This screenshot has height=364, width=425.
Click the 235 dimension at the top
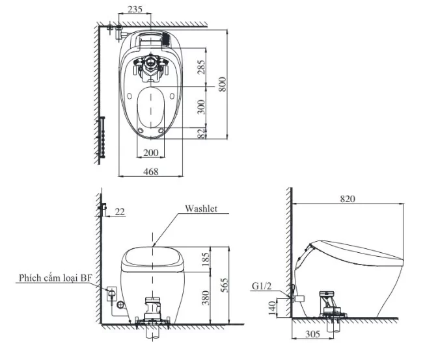tap(135, 10)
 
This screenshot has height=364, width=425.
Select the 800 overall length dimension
tap(223, 84)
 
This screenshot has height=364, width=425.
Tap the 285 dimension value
tap(201, 67)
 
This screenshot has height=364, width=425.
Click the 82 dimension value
tap(201, 133)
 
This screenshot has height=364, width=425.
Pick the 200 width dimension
tap(150, 152)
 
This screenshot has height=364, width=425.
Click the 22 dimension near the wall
tap(120, 211)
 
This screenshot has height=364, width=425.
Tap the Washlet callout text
tap(200, 209)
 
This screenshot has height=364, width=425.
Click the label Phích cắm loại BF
tap(55, 278)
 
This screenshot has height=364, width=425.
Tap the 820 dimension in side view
tap(347, 199)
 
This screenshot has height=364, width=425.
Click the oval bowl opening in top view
tap(151, 108)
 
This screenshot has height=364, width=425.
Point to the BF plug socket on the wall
tap(111, 294)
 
